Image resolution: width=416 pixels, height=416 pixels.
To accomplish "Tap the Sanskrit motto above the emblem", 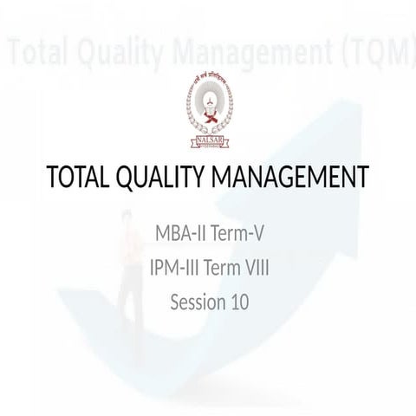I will click(x=209, y=80).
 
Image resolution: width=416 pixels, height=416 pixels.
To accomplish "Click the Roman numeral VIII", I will click(x=254, y=269).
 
